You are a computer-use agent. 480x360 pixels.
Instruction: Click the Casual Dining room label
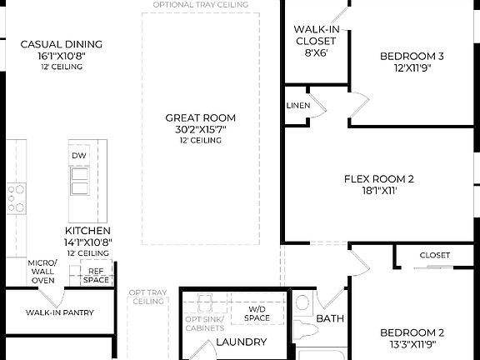coord(61,44)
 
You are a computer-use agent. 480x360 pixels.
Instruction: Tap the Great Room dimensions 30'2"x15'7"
coord(200,129)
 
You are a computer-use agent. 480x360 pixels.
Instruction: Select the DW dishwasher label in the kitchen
coord(79,156)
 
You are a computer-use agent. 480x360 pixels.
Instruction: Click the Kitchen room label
coord(87,230)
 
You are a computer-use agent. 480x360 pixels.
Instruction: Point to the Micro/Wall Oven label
coord(42,271)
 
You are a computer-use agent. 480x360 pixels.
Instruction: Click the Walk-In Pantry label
coord(59,313)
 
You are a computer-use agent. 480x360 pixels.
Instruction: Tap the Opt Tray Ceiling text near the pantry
coord(147,297)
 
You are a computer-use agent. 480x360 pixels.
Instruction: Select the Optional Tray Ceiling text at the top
coord(200,5)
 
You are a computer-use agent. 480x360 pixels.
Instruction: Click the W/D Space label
coord(257,312)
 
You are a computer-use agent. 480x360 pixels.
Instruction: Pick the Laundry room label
coord(241,342)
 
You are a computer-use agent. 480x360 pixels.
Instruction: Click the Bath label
coord(330,318)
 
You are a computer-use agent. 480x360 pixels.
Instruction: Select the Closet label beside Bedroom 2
coord(434,255)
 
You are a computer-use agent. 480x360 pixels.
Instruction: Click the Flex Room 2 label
coord(379,178)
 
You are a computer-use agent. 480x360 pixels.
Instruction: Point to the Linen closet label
coord(297,106)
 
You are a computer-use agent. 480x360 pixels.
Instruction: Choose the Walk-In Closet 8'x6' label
coord(315,38)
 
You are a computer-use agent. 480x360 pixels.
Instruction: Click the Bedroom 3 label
coord(412,56)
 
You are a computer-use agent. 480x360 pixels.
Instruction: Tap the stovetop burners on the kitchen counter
coord(17,197)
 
